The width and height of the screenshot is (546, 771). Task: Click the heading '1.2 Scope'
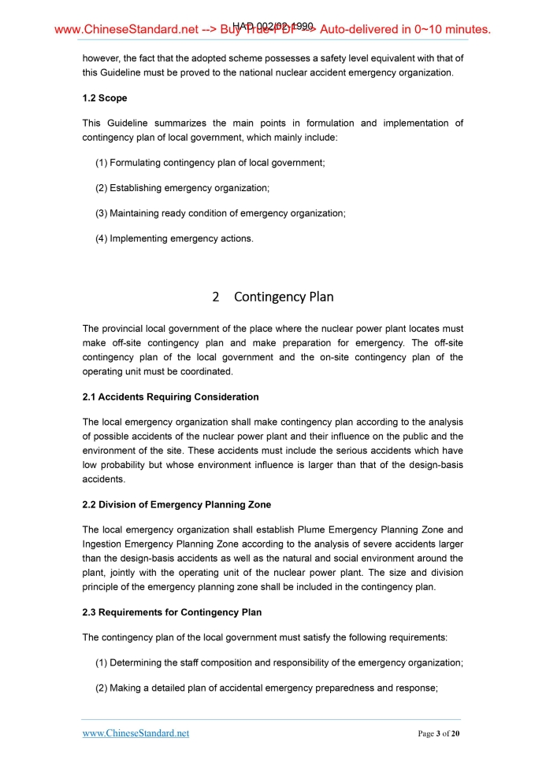point(105,98)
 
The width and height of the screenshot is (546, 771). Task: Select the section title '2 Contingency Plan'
point(273,297)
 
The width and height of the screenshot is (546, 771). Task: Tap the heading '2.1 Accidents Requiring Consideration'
point(170,397)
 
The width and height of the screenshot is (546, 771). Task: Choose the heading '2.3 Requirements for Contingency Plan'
point(172,612)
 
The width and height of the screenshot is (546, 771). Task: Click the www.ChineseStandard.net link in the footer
point(136,733)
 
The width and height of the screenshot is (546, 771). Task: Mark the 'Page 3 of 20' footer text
point(438,734)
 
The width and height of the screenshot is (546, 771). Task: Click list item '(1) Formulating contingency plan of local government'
point(210,163)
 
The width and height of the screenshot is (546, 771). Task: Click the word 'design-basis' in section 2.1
point(436,464)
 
